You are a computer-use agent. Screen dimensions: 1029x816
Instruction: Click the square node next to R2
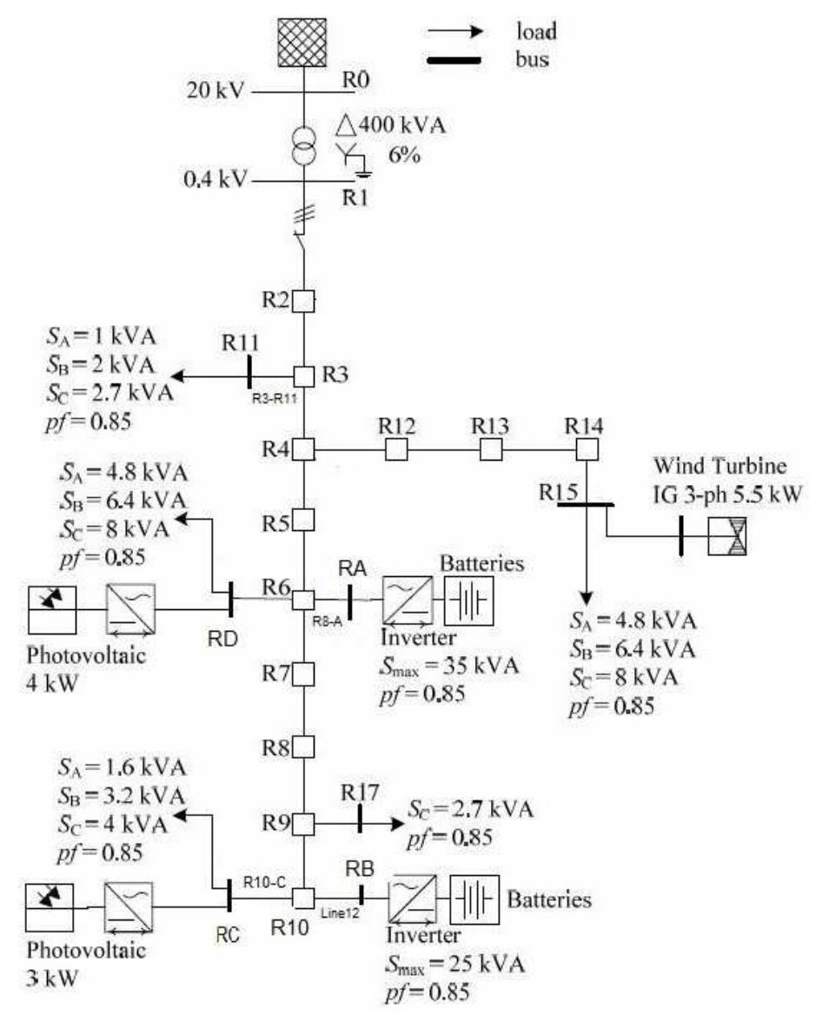tap(302, 301)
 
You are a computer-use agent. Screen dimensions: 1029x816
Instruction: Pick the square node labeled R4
tap(302, 449)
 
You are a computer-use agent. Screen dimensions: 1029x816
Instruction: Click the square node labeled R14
tap(587, 449)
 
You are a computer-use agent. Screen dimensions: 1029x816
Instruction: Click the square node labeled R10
tap(302, 897)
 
